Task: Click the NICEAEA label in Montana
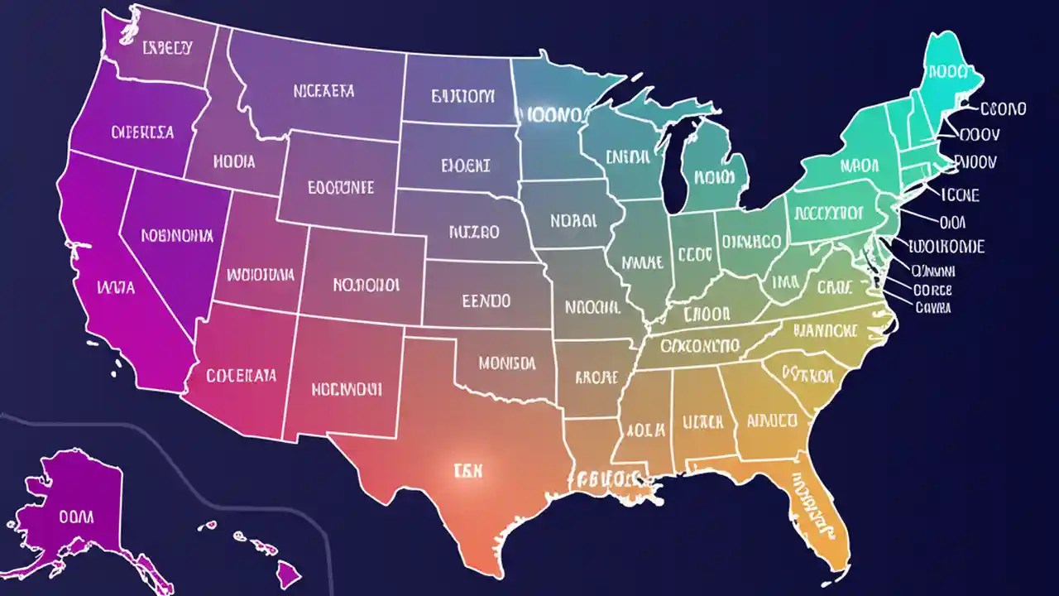[x=323, y=90]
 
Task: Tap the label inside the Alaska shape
[x=76, y=517]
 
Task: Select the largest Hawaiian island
[x=290, y=572]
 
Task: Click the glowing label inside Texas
[x=468, y=471]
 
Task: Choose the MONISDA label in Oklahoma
[x=506, y=363]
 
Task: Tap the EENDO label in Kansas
[x=486, y=300]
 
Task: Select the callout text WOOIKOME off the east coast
[x=946, y=247]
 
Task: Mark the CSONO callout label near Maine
[x=1002, y=108]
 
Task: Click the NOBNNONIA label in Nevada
[x=177, y=236]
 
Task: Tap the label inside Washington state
[x=168, y=47]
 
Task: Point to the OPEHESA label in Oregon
[x=142, y=132]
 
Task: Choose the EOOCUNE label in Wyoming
[x=340, y=187]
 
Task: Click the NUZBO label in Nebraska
[x=474, y=233]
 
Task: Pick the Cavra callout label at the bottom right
[x=933, y=307]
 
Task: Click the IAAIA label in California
[x=116, y=289]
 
